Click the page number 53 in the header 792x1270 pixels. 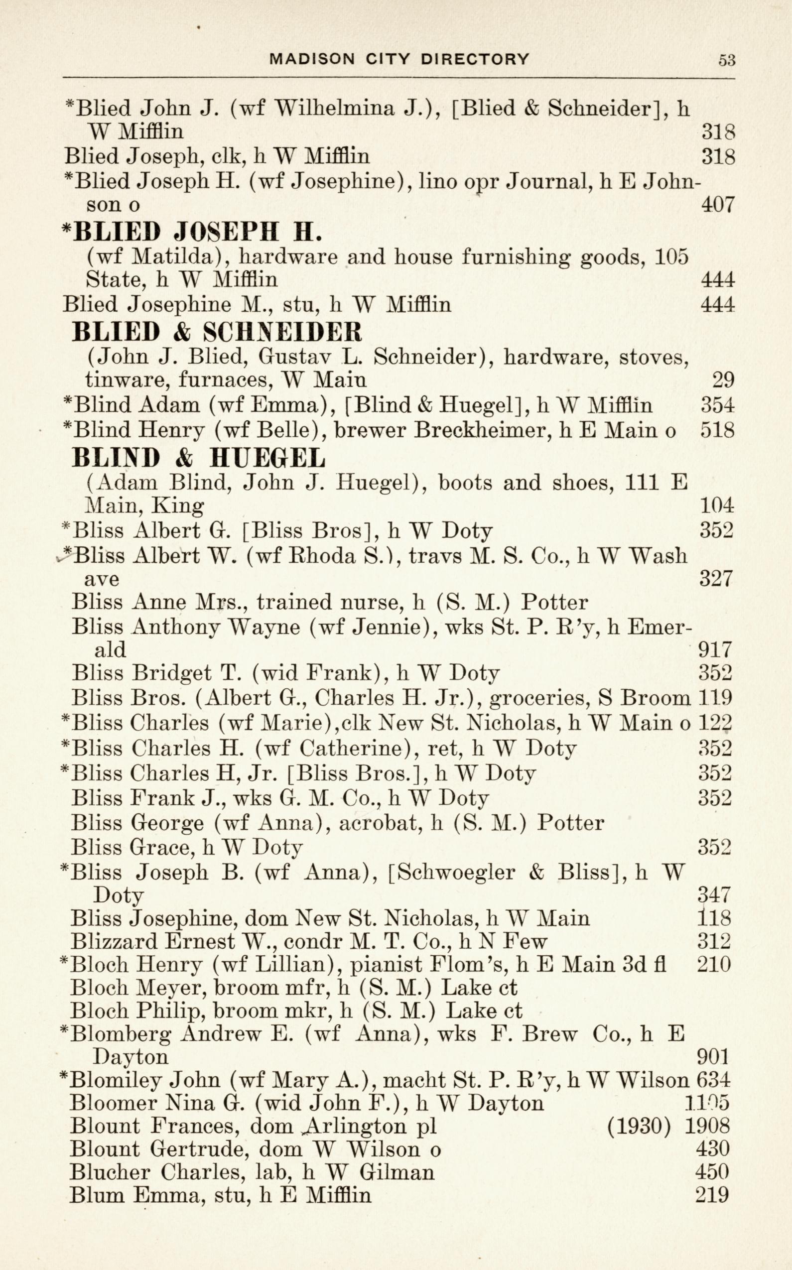[x=727, y=60]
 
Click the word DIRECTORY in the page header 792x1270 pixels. [x=475, y=59]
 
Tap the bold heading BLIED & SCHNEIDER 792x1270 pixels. [x=216, y=332]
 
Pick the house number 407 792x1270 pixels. [x=718, y=204]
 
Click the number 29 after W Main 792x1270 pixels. [x=723, y=379]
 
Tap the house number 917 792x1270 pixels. [x=715, y=650]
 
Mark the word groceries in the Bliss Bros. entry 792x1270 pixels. [x=532, y=698]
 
